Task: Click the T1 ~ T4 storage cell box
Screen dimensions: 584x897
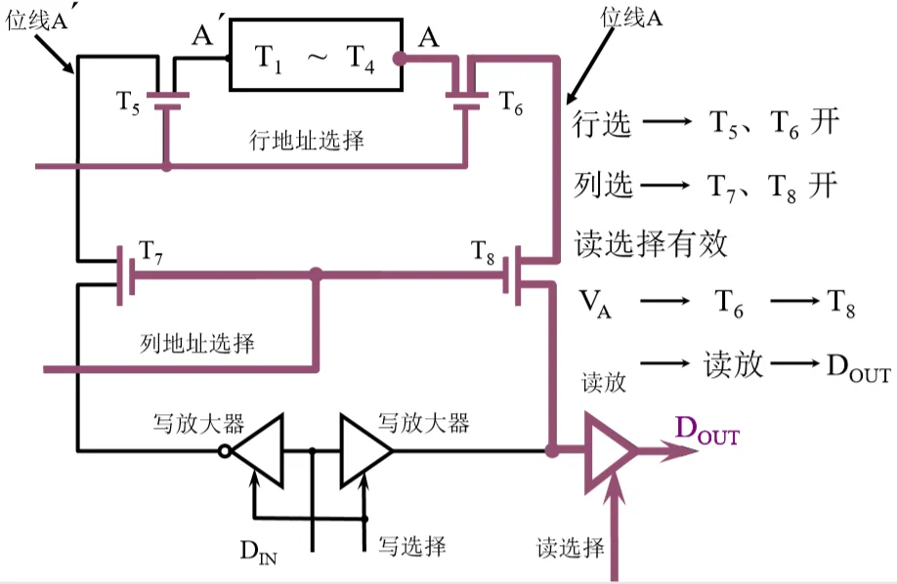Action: pos(315,56)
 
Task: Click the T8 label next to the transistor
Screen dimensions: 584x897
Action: pos(485,250)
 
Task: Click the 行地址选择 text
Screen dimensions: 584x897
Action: pos(307,141)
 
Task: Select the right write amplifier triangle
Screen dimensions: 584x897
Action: pos(364,451)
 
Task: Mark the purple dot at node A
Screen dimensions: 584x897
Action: pos(399,59)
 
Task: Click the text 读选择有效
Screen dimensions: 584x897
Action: pos(651,243)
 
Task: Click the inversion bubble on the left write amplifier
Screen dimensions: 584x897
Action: pos(227,451)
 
